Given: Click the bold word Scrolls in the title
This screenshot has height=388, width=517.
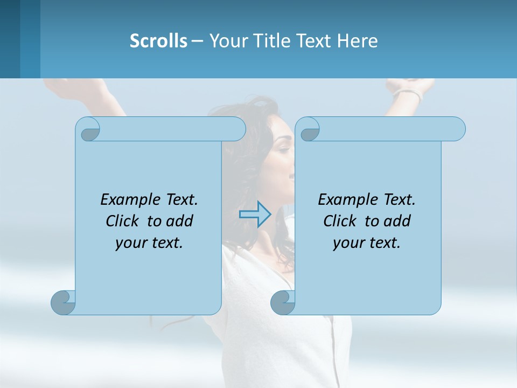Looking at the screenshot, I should point(158,40).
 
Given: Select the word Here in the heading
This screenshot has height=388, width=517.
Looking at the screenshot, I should point(357,40).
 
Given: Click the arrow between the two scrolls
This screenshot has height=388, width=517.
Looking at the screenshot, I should point(255,214).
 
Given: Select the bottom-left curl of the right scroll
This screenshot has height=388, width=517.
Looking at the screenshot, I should point(283,302).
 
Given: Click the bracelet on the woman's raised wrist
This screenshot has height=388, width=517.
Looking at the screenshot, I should point(408,95).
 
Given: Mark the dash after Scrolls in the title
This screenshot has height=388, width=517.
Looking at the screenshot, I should point(197,40).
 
